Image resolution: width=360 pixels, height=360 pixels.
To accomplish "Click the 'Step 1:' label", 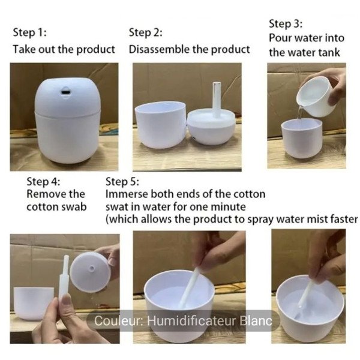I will click(29, 32).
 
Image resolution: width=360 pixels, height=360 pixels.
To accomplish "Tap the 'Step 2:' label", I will click(145, 32).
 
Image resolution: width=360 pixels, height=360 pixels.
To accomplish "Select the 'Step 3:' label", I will click(286, 24).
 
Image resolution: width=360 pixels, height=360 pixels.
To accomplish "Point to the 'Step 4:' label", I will click(43, 181).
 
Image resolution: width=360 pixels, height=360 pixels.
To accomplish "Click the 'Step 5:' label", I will click(122, 181).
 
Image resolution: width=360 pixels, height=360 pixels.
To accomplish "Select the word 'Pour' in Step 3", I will click(280, 38).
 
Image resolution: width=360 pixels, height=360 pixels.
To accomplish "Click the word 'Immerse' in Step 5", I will click(125, 194).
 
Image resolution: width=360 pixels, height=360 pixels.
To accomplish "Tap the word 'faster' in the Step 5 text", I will click(343, 219).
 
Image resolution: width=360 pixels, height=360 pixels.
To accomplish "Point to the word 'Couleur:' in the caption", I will click(118, 321).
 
